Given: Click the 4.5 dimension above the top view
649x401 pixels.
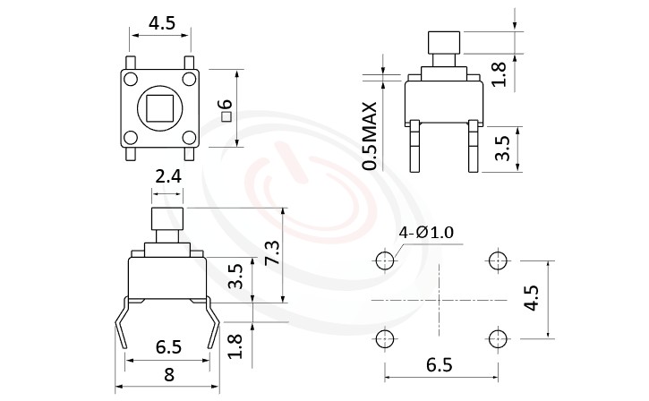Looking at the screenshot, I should [x=161, y=21].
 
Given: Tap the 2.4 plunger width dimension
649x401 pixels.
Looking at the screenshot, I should [x=168, y=176].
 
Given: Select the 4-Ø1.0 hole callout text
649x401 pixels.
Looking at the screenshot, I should [x=427, y=233].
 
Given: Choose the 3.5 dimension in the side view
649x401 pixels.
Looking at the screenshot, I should [x=503, y=149].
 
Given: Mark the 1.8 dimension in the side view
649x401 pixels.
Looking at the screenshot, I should [x=503, y=73].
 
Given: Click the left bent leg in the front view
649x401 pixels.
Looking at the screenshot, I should [x=123, y=327].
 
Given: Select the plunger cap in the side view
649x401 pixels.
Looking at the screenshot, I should [x=443, y=41].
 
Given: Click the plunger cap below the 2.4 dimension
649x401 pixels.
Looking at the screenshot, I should [x=167, y=218].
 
